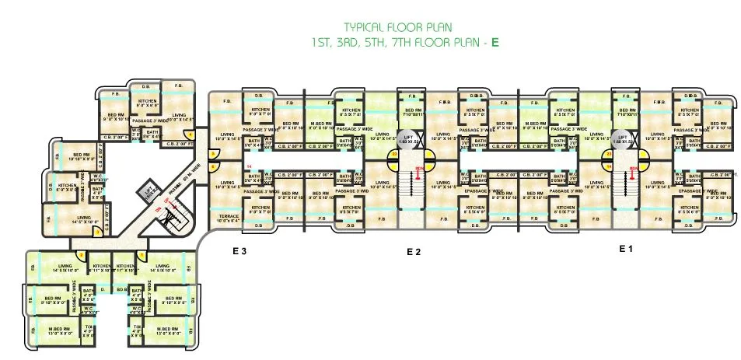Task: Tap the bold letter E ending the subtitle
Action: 495,43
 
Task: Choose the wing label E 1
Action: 626,249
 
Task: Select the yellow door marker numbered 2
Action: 96,231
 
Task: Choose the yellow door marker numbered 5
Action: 215,154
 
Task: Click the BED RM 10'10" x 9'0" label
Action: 82,156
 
